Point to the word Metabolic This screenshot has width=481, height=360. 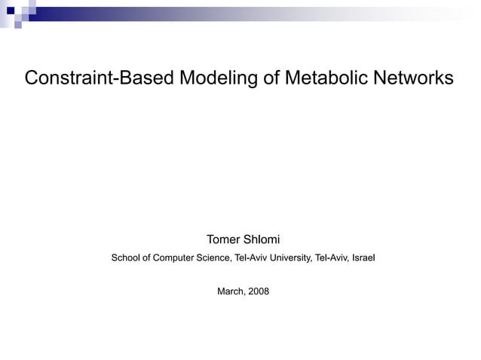[326, 79]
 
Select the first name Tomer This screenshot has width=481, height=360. [223, 240]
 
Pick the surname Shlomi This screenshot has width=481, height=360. [262, 240]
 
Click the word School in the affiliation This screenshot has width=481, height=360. [127, 258]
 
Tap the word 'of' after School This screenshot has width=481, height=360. [150, 258]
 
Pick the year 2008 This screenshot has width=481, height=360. [258, 291]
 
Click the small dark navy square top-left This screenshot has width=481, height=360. [11, 11]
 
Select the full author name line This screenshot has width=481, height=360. [243, 240]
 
